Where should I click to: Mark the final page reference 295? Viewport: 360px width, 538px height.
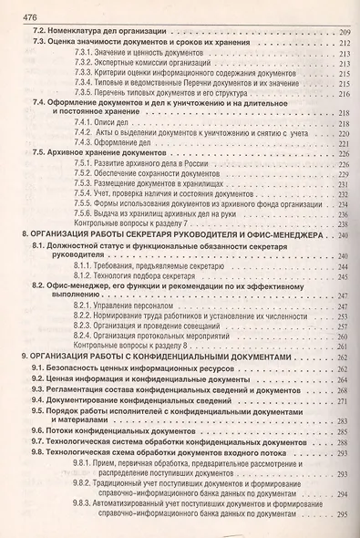[344, 515]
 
